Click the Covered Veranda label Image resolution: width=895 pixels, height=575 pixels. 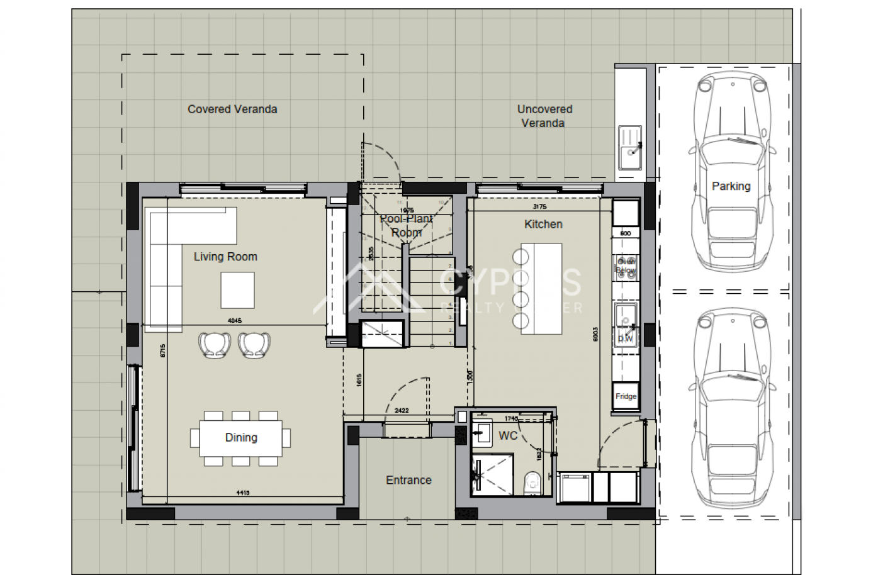pyautogui.click(x=232, y=109)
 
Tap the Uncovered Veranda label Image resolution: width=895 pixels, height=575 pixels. pyautogui.click(x=544, y=116)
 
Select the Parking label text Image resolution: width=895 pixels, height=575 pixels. pyautogui.click(x=731, y=186)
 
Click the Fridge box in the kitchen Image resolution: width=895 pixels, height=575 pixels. pyautogui.click(x=626, y=396)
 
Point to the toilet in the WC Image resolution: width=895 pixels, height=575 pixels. pyautogui.click(x=532, y=483)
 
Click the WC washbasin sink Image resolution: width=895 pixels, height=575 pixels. pyautogui.click(x=483, y=433)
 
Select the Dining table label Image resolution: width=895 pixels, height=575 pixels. pyautogui.click(x=241, y=437)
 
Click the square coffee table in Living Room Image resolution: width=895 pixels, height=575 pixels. pyautogui.click(x=237, y=290)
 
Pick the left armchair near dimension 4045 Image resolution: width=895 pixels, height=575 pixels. pyautogui.click(x=214, y=345)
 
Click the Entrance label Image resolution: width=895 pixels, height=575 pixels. pyautogui.click(x=408, y=480)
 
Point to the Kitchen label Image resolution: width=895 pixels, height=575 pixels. pyautogui.click(x=543, y=224)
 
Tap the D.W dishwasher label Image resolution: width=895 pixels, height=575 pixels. pyautogui.click(x=625, y=338)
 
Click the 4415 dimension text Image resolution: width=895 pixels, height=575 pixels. pyautogui.click(x=243, y=493)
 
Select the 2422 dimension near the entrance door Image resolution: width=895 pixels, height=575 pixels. pyautogui.click(x=402, y=410)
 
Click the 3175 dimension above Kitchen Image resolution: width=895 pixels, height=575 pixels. pyautogui.click(x=539, y=206)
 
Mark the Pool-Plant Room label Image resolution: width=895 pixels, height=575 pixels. pyautogui.click(x=406, y=225)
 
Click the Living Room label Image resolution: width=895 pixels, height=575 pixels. pyautogui.click(x=225, y=257)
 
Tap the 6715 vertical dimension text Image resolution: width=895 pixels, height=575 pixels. pyautogui.click(x=162, y=350)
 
